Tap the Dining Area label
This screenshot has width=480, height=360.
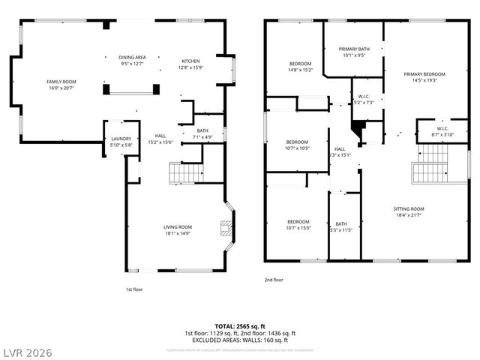132,61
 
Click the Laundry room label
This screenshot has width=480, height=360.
121,141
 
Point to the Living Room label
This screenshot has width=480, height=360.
178,230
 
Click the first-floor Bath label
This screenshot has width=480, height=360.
202,133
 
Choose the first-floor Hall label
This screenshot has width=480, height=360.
160,139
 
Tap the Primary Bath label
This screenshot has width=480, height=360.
352,52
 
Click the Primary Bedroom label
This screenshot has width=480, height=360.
424,77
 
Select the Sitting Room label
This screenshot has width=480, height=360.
409,211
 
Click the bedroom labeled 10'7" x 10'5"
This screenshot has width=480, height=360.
297,145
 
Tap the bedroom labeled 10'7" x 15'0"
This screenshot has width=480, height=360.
297,225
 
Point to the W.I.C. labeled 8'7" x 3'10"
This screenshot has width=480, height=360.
433,132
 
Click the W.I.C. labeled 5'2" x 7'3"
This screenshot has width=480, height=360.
364,99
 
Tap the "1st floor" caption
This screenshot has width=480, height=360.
133,289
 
